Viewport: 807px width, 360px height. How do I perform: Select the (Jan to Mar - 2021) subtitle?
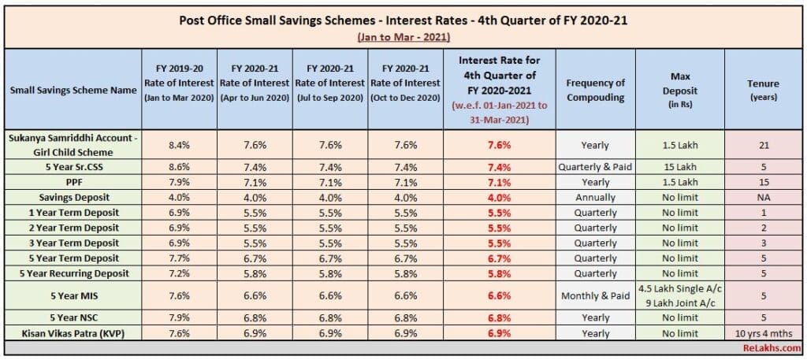point(403,37)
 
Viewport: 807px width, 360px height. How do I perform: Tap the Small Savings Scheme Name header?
point(73,90)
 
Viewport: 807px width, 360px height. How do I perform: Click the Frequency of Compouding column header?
point(595,90)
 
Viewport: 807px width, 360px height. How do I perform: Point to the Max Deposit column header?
point(679,89)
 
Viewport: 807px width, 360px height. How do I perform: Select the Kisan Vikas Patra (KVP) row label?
point(73,332)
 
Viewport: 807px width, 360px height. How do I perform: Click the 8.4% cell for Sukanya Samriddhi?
point(178,145)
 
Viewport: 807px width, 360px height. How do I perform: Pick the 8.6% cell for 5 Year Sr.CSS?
point(178,168)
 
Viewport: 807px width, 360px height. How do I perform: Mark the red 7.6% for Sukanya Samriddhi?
point(499,145)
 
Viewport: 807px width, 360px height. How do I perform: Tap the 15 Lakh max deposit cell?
point(679,168)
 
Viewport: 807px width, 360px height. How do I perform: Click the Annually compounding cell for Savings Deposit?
point(595,198)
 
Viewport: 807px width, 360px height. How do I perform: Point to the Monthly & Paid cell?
point(595,295)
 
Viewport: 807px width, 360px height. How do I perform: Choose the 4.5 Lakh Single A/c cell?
point(679,288)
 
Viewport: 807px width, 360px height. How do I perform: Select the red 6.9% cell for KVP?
point(499,332)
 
